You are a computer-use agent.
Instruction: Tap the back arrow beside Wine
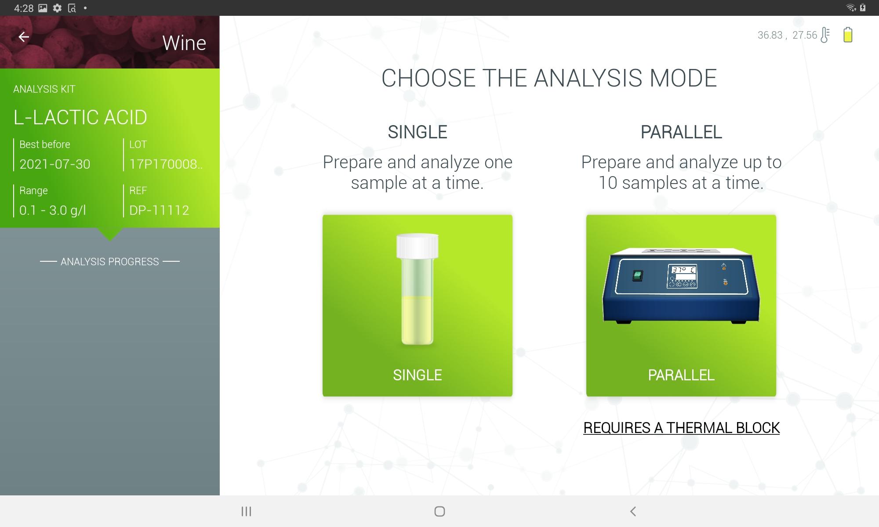[24, 37]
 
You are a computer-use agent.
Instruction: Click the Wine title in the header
[184, 43]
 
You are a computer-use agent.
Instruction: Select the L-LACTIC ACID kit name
[80, 117]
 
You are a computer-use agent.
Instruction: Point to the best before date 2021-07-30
[55, 164]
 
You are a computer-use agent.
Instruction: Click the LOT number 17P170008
[166, 164]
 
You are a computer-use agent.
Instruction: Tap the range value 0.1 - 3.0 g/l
[53, 210]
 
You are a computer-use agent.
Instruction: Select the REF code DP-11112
[159, 210]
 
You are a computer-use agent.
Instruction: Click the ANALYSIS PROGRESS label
[110, 262]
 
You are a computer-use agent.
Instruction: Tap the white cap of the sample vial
[418, 245]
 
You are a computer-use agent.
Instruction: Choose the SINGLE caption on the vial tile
[418, 375]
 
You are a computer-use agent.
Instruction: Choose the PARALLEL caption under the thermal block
[681, 375]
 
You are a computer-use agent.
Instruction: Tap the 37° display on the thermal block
[683, 270]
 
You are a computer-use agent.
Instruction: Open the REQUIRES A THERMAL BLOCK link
[681, 428]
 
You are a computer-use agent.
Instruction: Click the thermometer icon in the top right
[825, 35]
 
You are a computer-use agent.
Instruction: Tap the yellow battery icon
[848, 35]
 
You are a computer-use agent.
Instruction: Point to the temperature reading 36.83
[770, 35]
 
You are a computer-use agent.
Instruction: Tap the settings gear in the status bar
[57, 8]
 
